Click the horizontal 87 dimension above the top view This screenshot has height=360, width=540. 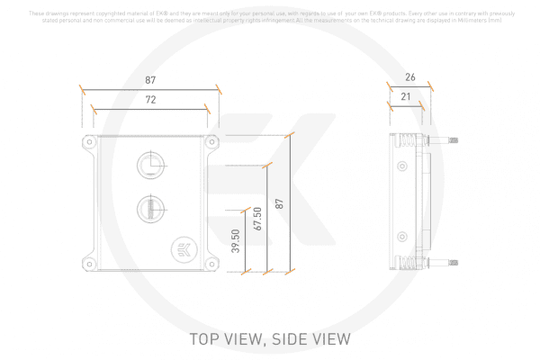click(149, 80)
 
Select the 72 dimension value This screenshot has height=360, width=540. click(149, 100)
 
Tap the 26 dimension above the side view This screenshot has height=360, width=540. click(409, 77)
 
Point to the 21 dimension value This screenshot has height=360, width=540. click(407, 96)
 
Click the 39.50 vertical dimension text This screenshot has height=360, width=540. click(236, 241)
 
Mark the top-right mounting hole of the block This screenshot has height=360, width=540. click(211, 141)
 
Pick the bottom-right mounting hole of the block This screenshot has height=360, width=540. click(211, 264)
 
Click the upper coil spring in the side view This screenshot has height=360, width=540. click(408, 141)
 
